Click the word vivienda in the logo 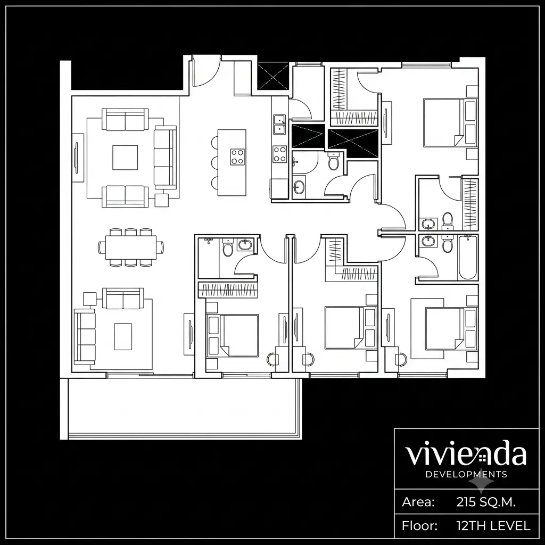pyautogui.click(x=465, y=453)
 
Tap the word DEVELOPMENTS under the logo pyautogui.click(x=466, y=474)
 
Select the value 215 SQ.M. pyautogui.click(x=486, y=502)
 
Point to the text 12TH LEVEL pyautogui.click(x=493, y=526)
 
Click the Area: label pyautogui.click(x=418, y=502)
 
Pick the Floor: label pyautogui.click(x=419, y=526)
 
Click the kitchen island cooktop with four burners pyautogui.click(x=237, y=156)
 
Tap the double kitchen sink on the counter pyautogui.click(x=279, y=125)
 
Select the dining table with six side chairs pyautogui.click(x=131, y=247)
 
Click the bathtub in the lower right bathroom pyautogui.click(x=467, y=257)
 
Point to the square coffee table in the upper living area pyautogui.click(x=125, y=158)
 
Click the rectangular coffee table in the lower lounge pyautogui.click(x=123, y=336)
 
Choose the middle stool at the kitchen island pyautogui.click(x=214, y=162)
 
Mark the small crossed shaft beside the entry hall pyautogui.click(x=273, y=76)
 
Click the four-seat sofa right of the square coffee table pyautogui.click(x=166, y=158)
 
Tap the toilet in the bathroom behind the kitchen pyautogui.click(x=333, y=162)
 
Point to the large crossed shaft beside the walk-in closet pyautogui.click(x=353, y=143)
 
